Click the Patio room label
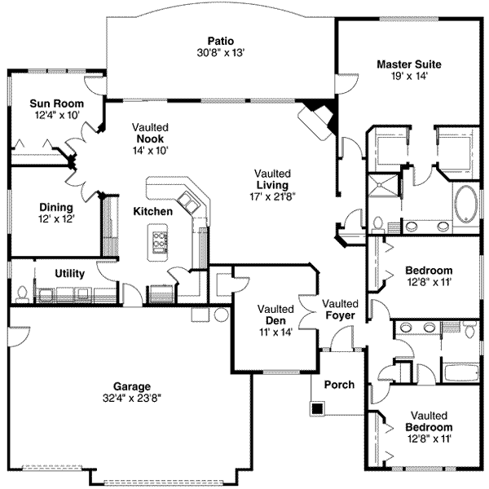(x=220, y=39)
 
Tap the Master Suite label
(x=408, y=64)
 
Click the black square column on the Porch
(x=317, y=406)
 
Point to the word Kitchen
(x=153, y=212)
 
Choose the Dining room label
(x=55, y=207)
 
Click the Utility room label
(x=71, y=273)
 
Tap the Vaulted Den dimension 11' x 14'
(x=275, y=332)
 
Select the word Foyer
(x=340, y=315)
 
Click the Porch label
(x=339, y=385)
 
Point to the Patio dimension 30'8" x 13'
(x=220, y=51)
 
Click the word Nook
(x=151, y=139)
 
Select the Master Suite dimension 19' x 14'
(x=408, y=76)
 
